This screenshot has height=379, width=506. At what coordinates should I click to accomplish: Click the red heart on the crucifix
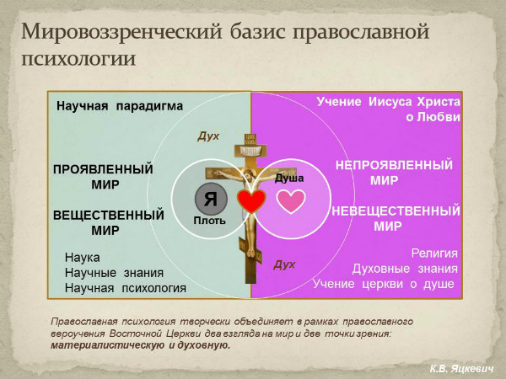(x=250, y=200)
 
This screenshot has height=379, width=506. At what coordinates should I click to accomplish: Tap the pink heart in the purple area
(x=291, y=200)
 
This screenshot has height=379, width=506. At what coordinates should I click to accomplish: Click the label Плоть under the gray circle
(x=208, y=221)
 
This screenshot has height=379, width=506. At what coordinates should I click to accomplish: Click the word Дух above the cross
(x=208, y=135)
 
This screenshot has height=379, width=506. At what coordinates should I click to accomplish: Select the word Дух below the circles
(x=284, y=264)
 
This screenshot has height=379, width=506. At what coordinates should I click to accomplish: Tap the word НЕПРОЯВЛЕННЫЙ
(x=394, y=165)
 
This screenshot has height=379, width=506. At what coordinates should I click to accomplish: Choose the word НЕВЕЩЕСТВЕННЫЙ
(x=396, y=211)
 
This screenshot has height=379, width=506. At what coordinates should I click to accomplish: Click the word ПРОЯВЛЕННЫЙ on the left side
(x=103, y=168)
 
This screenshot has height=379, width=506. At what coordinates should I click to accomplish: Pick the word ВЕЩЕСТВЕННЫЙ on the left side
(x=108, y=215)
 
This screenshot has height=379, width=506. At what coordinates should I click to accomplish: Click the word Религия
(x=434, y=253)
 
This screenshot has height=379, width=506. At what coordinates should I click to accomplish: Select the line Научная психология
(x=126, y=288)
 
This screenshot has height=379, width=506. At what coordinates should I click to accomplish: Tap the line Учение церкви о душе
(x=384, y=284)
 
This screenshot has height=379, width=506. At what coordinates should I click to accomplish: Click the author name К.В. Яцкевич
(x=462, y=368)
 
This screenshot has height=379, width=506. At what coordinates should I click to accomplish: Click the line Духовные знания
(x=405, y=269)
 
